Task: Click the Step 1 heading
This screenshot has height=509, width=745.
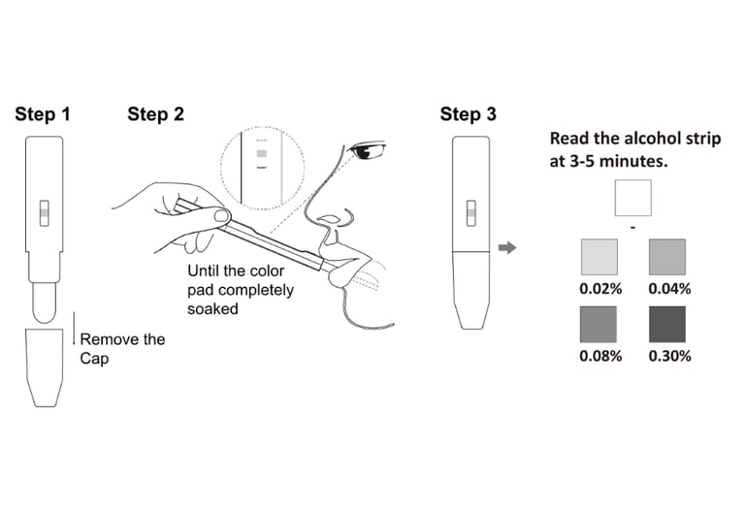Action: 43,114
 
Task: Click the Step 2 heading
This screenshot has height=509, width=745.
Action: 155,114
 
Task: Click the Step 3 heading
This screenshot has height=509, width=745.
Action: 468,114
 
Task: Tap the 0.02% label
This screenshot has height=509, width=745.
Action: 599,288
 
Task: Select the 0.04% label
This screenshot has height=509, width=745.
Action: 668,288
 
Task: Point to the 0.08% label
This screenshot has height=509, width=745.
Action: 599,356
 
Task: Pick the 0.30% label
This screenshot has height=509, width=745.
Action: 668,356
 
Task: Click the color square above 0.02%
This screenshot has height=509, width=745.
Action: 599,258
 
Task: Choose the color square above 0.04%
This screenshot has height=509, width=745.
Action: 667,258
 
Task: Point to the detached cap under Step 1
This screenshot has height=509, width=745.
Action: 44,366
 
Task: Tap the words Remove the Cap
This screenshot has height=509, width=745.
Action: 121,347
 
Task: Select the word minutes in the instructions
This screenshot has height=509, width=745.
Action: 632,161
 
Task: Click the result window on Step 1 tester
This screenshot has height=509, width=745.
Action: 44,213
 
